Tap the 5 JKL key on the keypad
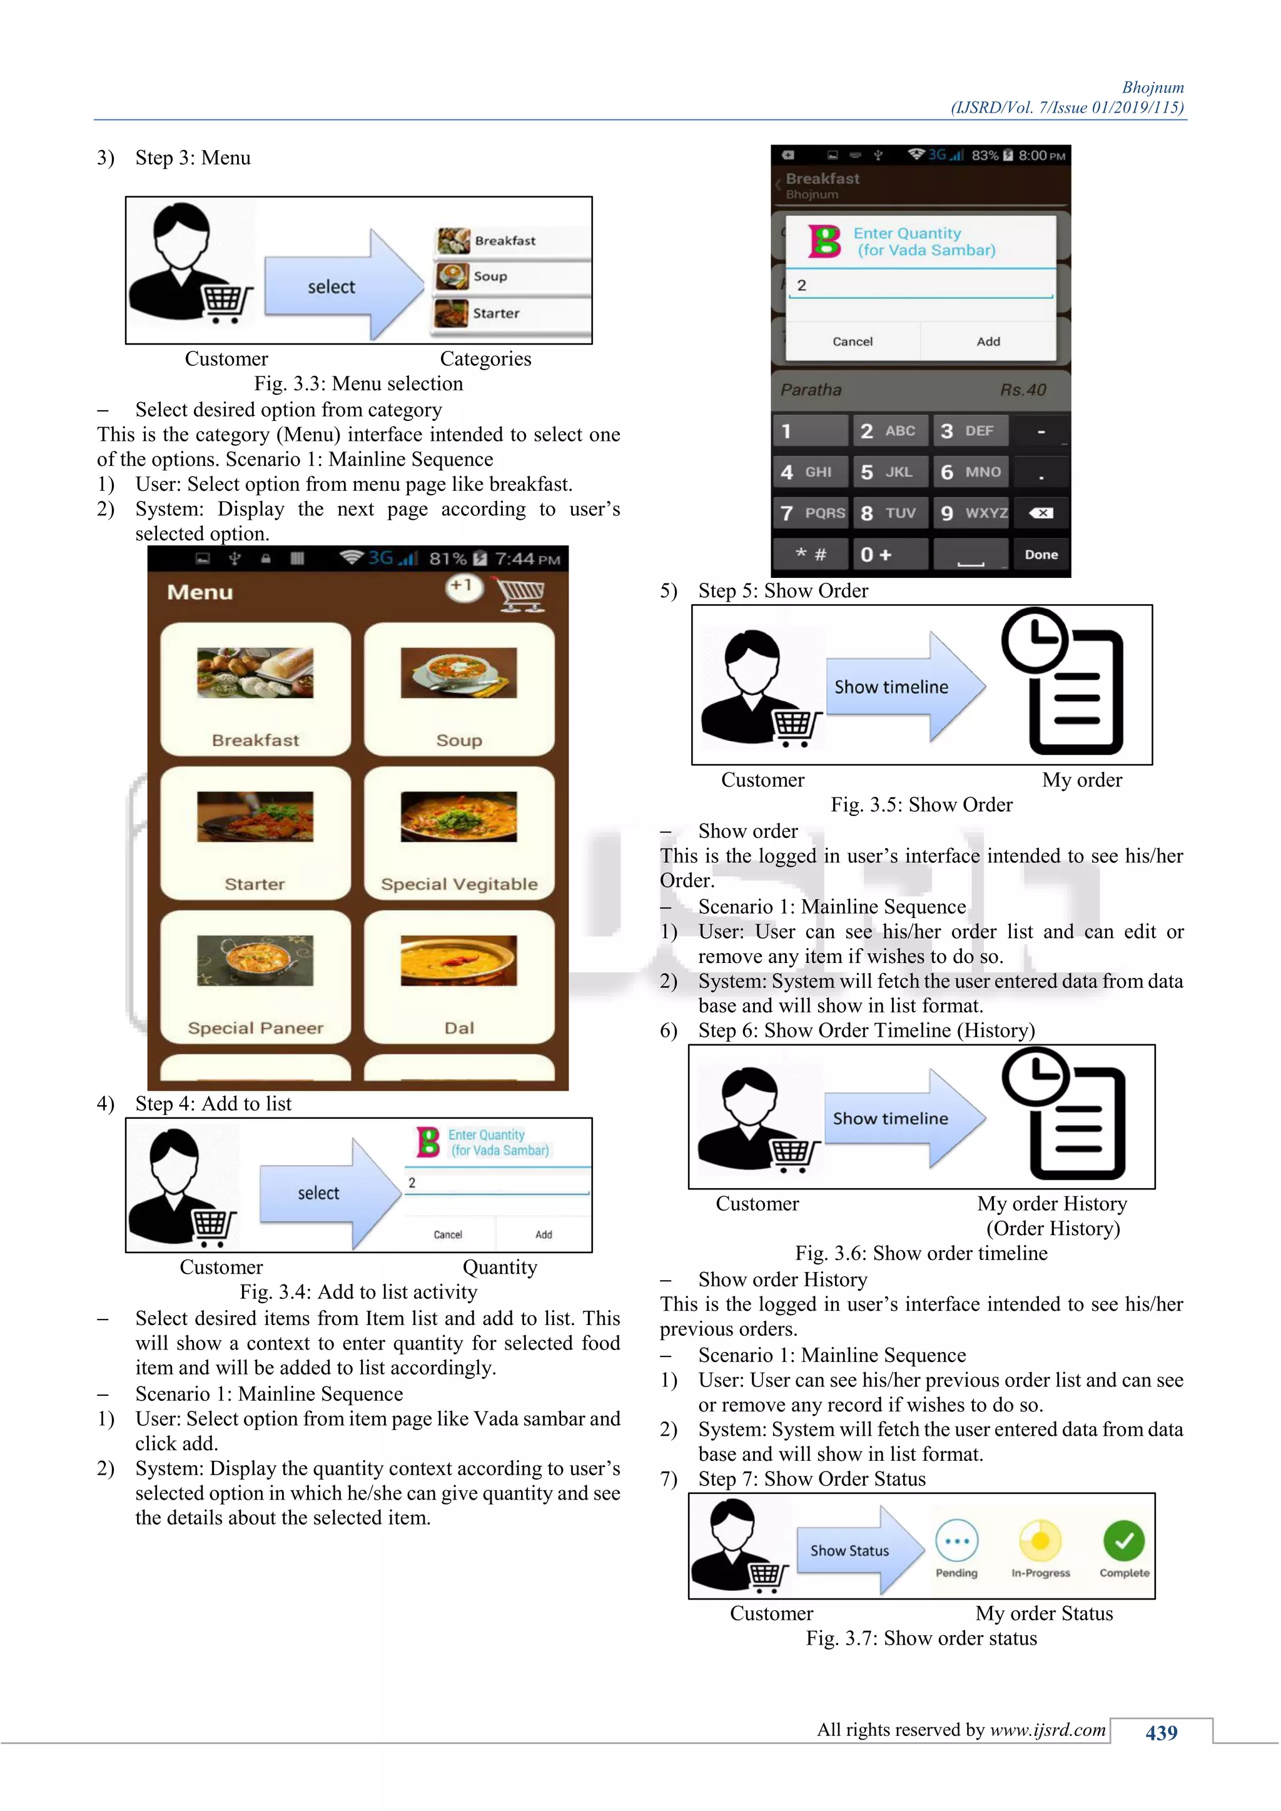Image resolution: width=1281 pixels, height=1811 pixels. (888, 472)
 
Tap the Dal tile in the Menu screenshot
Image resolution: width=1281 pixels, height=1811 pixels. (459, 977)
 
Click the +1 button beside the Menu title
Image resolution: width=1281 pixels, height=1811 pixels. (463, 587)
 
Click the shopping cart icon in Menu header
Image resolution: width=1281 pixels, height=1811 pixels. (520, 593)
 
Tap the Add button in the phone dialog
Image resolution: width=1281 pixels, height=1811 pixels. (988, 341)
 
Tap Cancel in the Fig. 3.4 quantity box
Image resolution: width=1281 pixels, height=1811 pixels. (447, 1234)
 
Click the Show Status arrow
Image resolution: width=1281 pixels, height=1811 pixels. (858, 1550)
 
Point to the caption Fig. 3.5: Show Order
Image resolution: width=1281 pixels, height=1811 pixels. (921, 805)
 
